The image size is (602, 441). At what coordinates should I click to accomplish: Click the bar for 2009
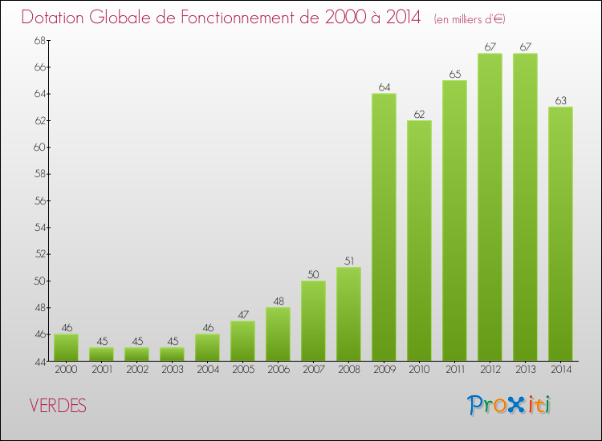click(x=384, y=227)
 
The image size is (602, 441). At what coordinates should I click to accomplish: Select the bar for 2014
click(x=560, y=233)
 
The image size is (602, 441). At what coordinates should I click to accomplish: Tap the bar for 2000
click(x=66, y=347)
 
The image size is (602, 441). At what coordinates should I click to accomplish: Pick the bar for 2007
click(x=313, y=321)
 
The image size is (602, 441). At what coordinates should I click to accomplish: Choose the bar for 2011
click(x=454, y=220)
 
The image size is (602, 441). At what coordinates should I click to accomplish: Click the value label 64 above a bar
click(x=384, y=87)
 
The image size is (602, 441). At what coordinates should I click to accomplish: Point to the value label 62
click(x=419, y=114)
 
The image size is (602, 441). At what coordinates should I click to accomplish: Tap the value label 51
click(x=348, y=261)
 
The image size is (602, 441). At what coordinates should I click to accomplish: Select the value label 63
click(x=560, y=101)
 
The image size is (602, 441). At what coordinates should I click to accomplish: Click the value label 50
click(x=313, y=274)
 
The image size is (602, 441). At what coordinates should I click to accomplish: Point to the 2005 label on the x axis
click(x=242, y=369)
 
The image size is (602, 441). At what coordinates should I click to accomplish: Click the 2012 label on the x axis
click(x=490, y=369)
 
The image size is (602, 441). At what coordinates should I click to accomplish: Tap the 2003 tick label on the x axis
click(x=172, y=369)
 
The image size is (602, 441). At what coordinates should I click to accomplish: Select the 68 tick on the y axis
click(x=39, y=40)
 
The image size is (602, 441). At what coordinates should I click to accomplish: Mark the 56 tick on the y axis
click(x=39, y=200)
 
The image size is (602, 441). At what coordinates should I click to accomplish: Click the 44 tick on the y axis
click(x=39, y=361)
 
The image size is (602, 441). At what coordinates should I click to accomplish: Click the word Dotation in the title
click(x=55, y=17)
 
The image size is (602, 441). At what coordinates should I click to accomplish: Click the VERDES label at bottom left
click(x=58, y=406)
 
